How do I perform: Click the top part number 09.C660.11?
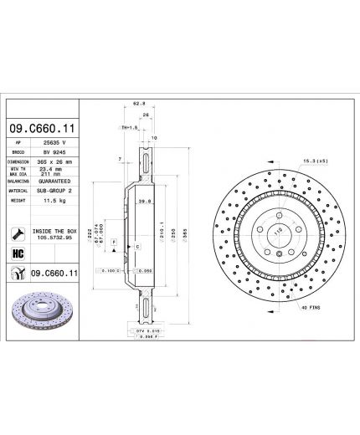43,127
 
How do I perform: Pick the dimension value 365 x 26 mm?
56,162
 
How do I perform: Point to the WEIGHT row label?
18,202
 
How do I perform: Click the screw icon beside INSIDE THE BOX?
18,233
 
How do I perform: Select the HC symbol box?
18,253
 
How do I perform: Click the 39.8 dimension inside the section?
144,201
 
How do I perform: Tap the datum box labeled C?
136,248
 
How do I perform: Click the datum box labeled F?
112,241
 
